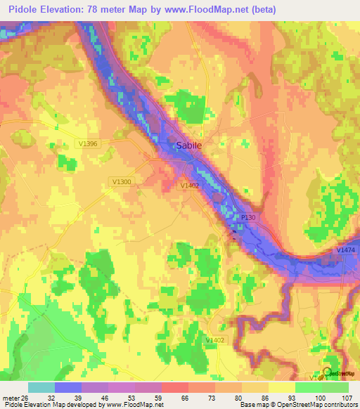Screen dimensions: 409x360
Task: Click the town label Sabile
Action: pos(188,145)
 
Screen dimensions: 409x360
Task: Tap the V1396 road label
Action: pos(88,143)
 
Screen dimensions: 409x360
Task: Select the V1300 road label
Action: pos(122,181)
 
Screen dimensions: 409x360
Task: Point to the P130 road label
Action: pos(248,218)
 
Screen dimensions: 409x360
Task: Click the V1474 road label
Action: pos(345,250)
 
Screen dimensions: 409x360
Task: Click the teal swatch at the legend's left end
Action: pos(41,387)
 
